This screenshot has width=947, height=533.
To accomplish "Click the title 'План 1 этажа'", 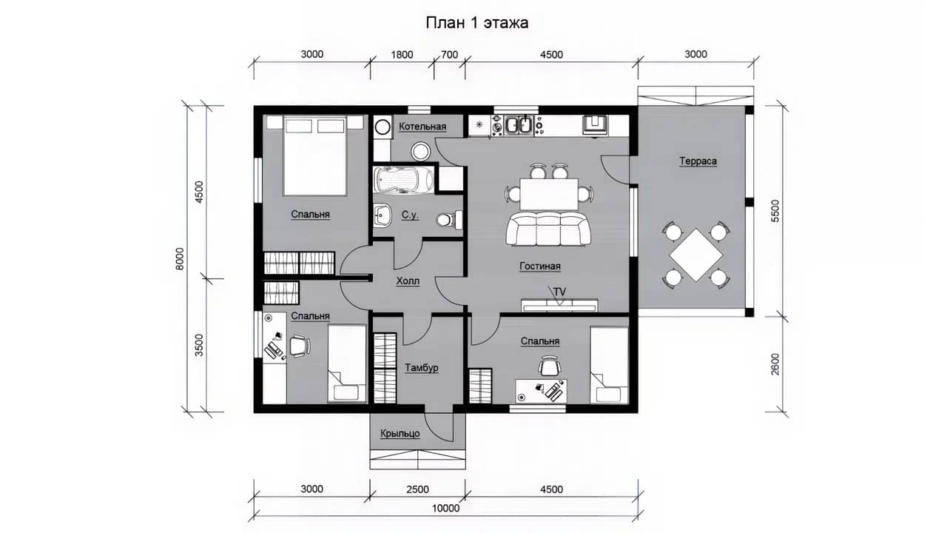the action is tap(477, 23).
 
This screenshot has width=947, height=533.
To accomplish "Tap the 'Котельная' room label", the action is tap(422, 127).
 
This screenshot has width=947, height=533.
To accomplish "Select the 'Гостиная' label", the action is tap(540, 266).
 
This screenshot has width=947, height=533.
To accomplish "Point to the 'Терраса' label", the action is tap(698, 161).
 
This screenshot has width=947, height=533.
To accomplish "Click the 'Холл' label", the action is tap(408, 281).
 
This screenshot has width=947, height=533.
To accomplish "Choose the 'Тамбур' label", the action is tap(422, 368).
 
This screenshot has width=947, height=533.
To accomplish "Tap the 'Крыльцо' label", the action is tap(400, 434).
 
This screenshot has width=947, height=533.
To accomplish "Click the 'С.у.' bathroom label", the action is tap(410, 215).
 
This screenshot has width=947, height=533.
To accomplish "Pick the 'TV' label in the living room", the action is tap(559, 292).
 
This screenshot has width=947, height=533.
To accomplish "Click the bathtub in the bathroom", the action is tap(404, 180).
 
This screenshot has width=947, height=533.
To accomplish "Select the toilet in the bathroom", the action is tap(449, 220).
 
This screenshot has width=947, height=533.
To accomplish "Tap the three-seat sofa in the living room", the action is tap(548, 229).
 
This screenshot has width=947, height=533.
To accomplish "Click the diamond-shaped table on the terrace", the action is tap(696, 255).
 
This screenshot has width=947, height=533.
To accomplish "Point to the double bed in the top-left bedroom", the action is tap(315, 155).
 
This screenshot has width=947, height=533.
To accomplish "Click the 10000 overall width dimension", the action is tap(445, 508).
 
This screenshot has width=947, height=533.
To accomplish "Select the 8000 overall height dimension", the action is tap(180, 258).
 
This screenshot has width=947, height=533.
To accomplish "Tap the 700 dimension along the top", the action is tap(449, 55).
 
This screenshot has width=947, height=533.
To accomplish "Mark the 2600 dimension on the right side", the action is tap(775, 364).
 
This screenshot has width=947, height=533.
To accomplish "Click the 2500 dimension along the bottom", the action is tap(418, 489).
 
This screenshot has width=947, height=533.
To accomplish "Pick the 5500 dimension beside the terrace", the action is tap(775, 211).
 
